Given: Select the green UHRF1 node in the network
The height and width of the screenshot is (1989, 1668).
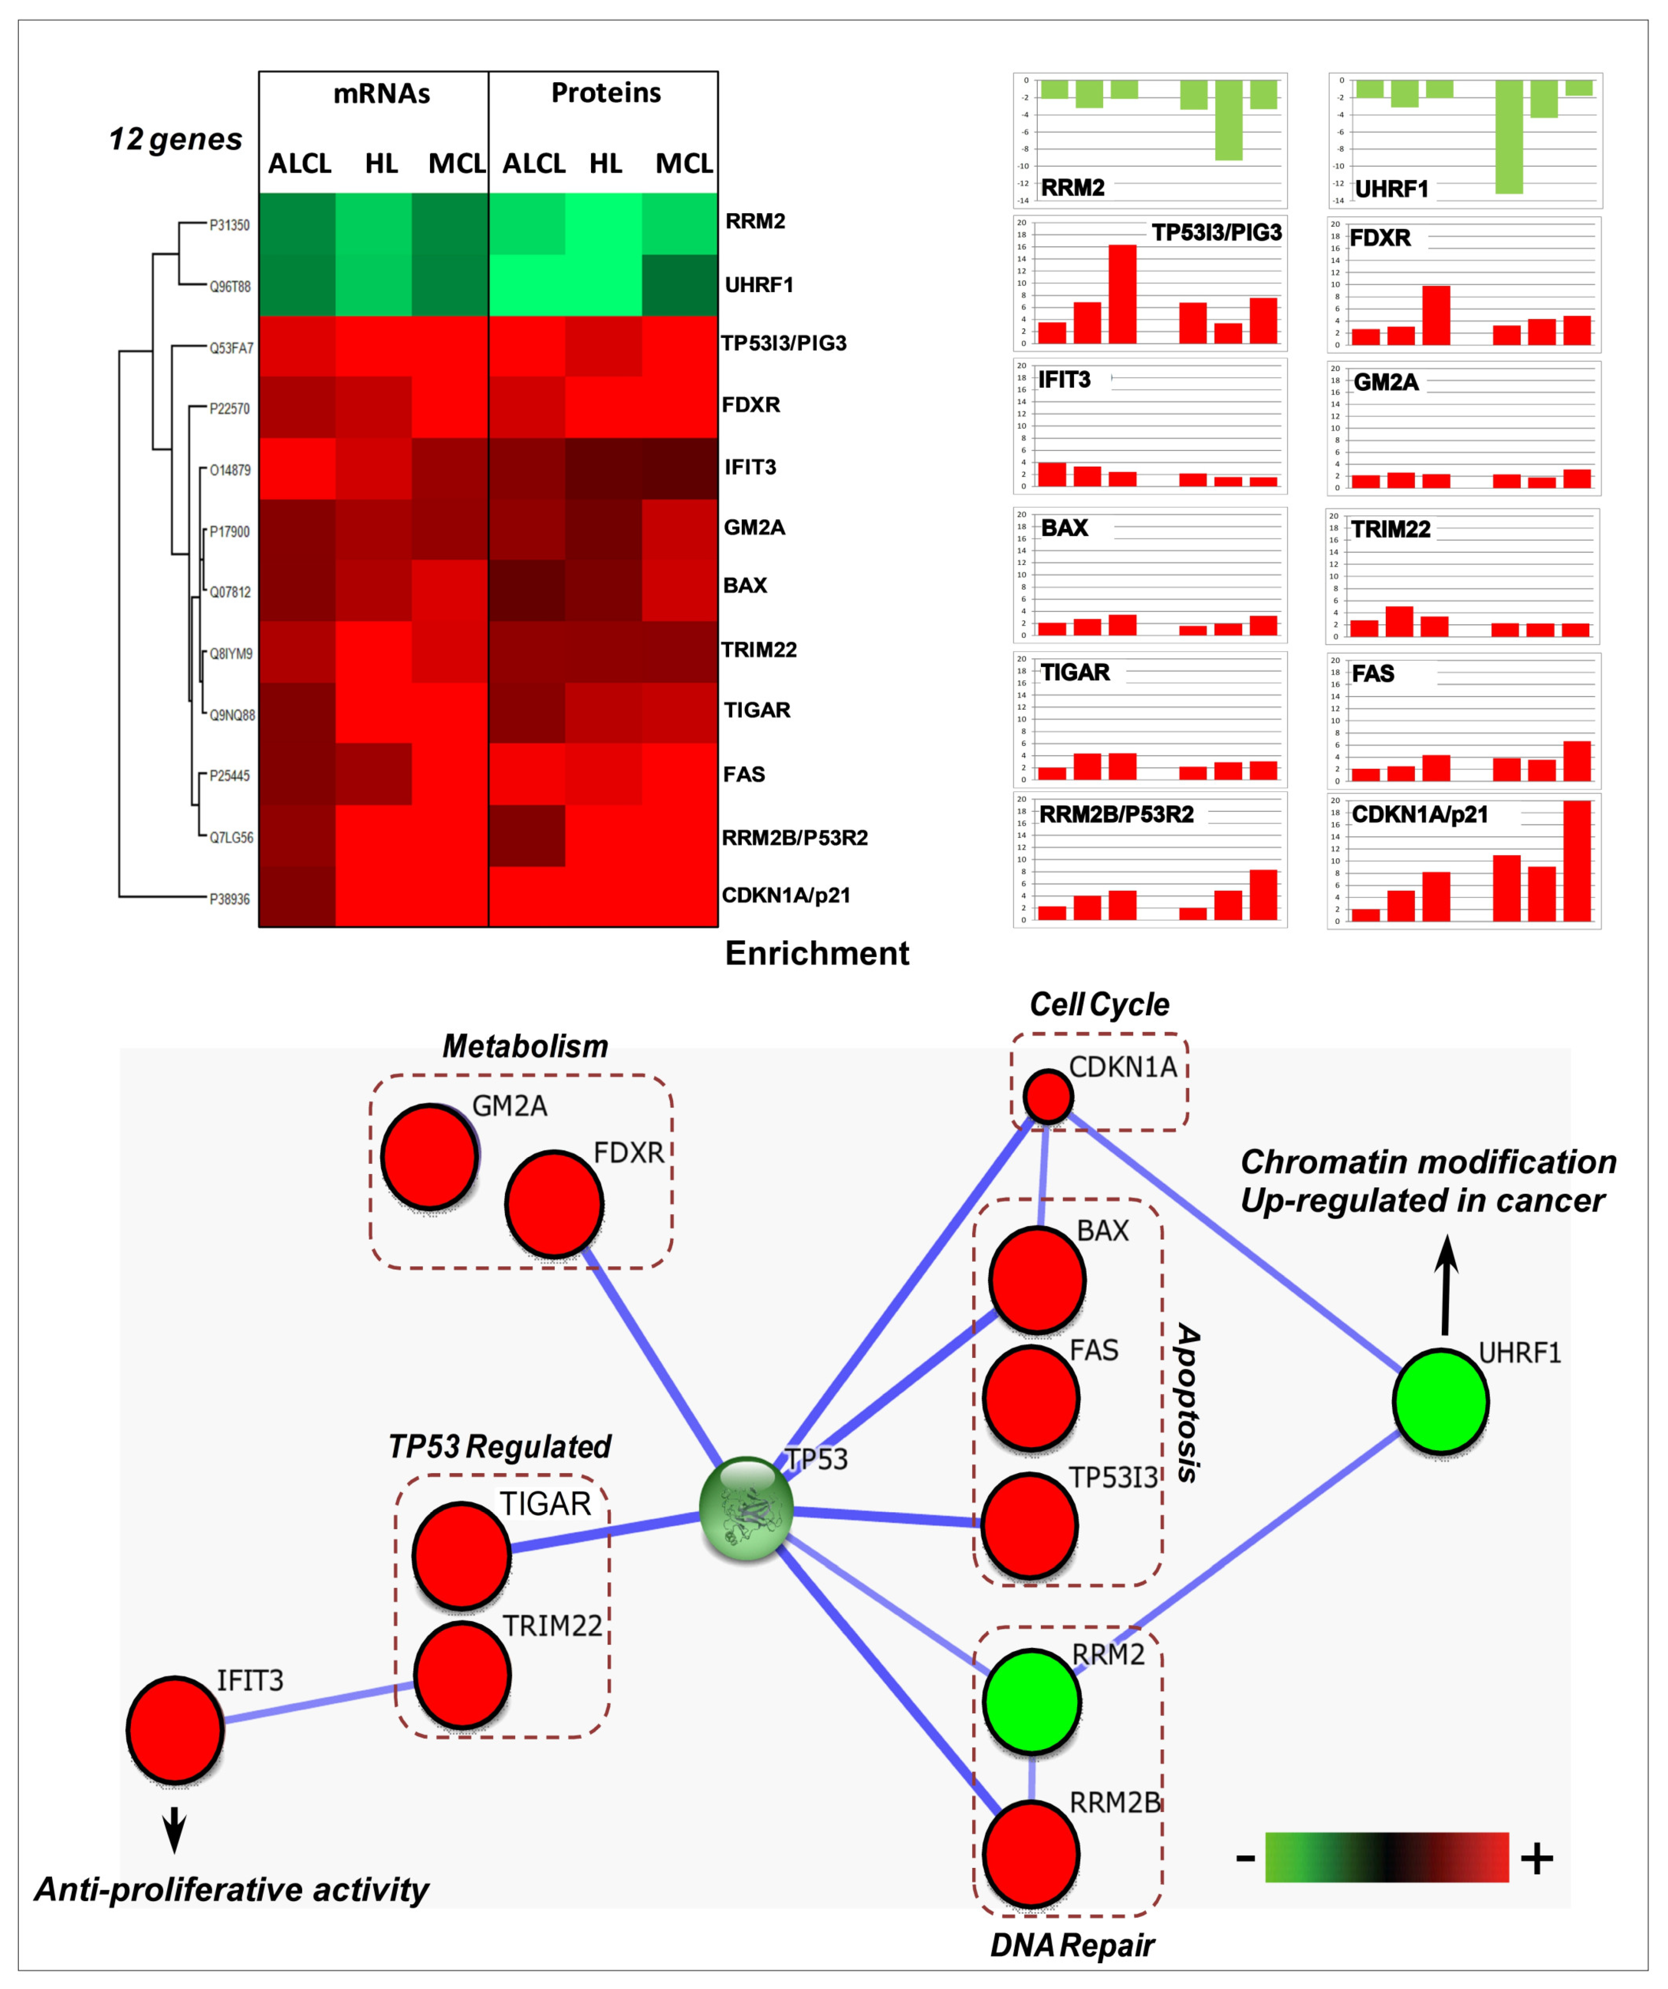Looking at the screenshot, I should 1440,1402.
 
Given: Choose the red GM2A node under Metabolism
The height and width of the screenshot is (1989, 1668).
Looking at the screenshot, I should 429,1156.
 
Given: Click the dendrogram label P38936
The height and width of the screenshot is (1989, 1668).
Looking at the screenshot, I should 229,899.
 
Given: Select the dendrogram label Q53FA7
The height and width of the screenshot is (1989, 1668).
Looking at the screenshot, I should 231,348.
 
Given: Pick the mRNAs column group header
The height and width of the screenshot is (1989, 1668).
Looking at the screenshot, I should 382,94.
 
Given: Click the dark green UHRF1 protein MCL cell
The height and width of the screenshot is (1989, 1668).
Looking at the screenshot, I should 679,285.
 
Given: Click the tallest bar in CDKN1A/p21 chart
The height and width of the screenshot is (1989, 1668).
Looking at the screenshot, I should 1577,860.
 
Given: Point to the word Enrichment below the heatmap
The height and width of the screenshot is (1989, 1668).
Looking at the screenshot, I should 816,953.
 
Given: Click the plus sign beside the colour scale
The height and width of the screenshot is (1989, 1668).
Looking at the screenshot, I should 1536,1858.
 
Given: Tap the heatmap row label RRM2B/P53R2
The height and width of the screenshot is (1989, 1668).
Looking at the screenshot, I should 795,837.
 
